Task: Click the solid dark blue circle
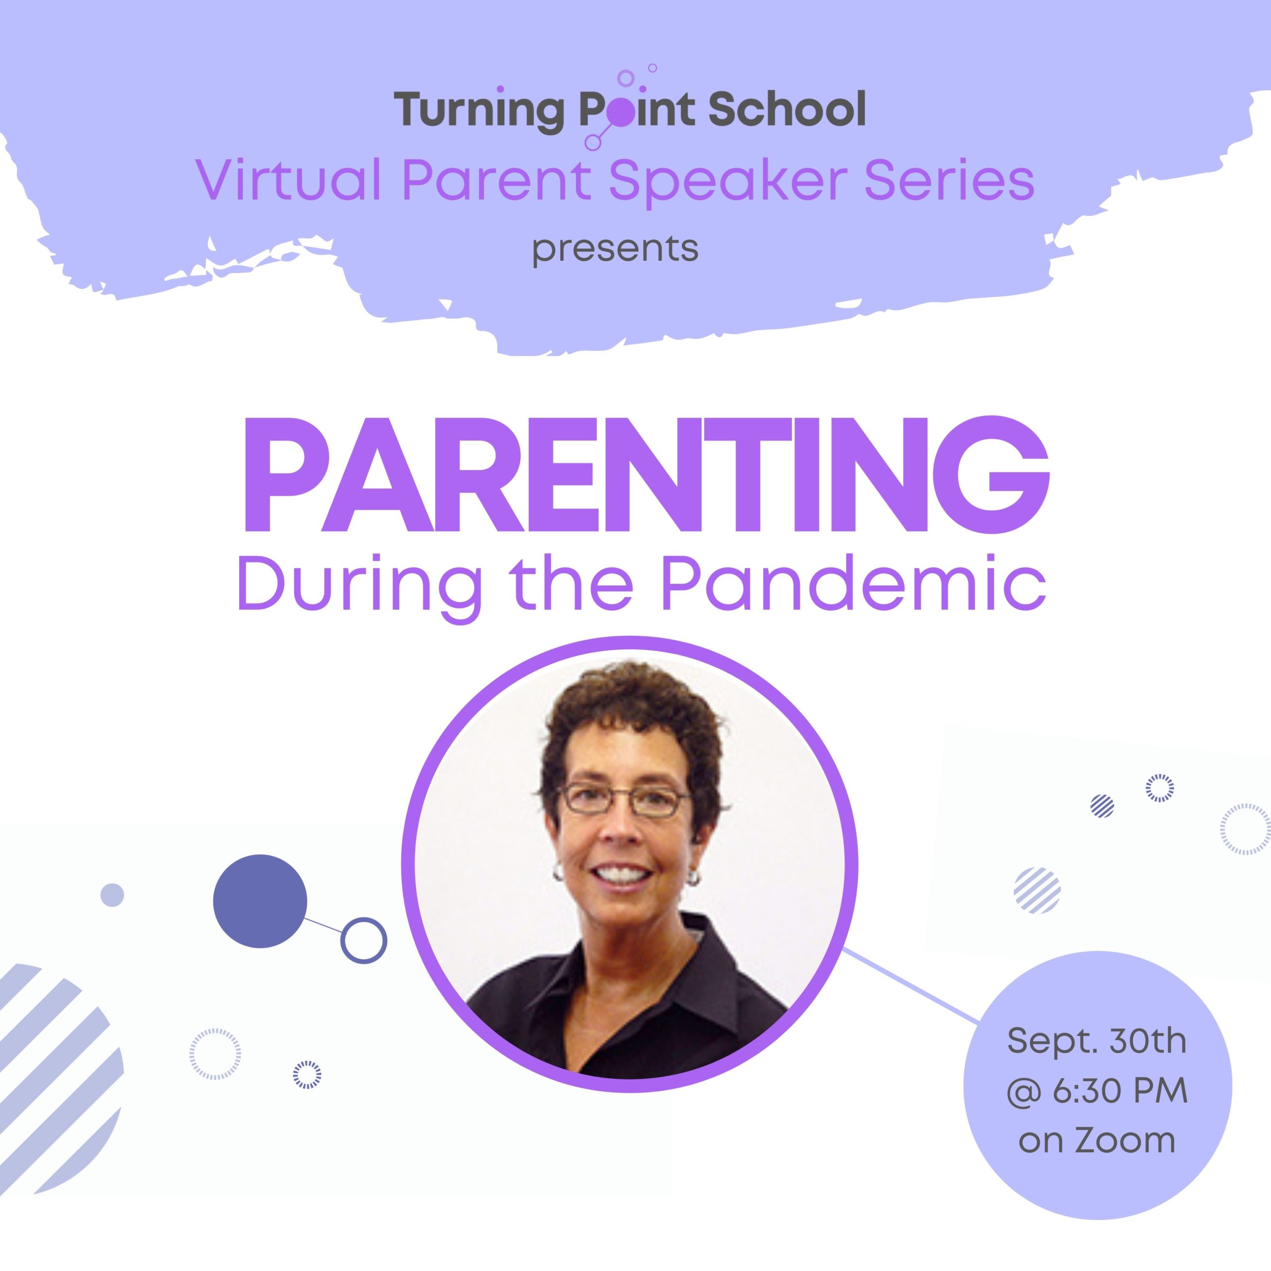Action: (x=260, y=901)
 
